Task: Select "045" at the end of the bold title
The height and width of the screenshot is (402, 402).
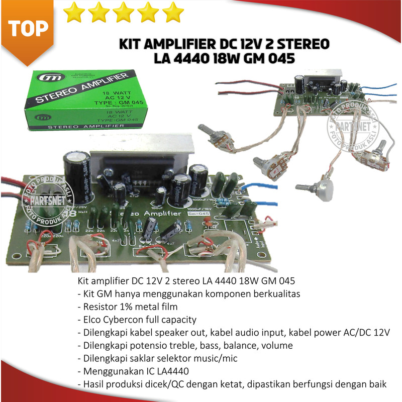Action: (281, 59)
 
